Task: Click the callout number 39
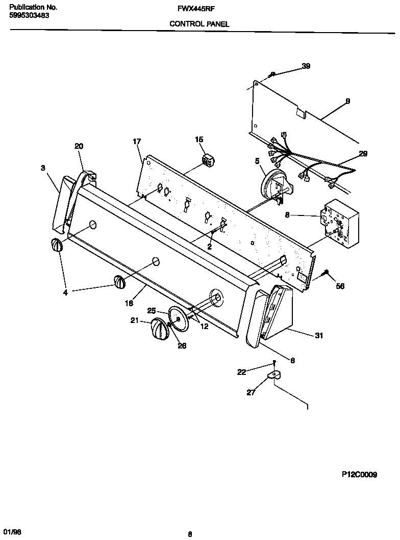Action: (306, 66)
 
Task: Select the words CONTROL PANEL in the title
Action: (199, 24)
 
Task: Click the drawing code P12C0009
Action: (359, 475)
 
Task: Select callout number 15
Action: (198, 140)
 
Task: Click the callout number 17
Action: (137, 142)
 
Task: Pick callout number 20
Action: (79, 146)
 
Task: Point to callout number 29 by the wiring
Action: (363, 153)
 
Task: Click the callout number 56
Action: (340, 286)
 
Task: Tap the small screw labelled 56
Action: (326, 275)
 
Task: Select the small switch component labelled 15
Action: (208, 160)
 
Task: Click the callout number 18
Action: (129, 303)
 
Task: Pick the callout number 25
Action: (152, 310)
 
